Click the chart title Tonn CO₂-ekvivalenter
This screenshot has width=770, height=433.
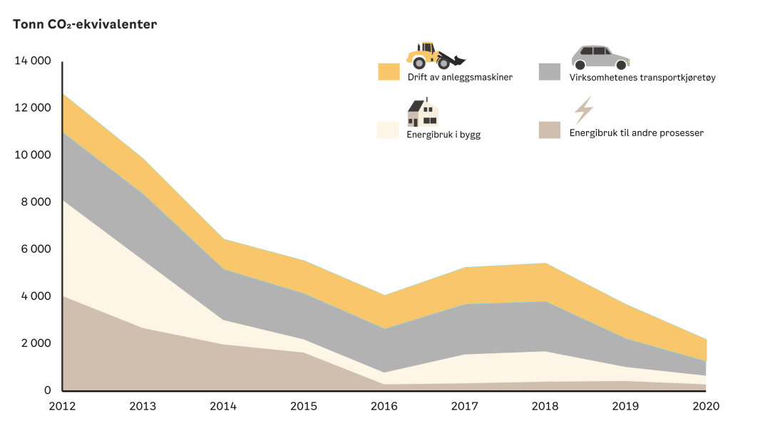(85, 24)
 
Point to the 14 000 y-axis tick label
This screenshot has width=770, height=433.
(33, 61)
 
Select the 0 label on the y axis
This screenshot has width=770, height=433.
(48, 390)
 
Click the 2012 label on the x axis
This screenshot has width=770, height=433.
(63, 406)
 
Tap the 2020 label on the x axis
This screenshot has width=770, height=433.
(705, 406)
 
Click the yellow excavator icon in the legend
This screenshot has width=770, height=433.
(435, 55)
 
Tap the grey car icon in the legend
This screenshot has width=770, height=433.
(600, 56)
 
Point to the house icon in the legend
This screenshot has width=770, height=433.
(423, 112)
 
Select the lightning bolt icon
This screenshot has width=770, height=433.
(584, 110)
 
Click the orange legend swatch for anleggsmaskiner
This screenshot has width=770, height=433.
(389, 72)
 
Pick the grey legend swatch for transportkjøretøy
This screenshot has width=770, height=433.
(550, 72)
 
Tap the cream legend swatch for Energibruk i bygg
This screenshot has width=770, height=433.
(389, 130)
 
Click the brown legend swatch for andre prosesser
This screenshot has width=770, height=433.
(550, 130)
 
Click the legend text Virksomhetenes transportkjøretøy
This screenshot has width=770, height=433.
(642, 77)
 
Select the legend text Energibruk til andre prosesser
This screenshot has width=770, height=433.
(637, 132)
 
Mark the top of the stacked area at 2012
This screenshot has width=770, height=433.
(63, 94)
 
